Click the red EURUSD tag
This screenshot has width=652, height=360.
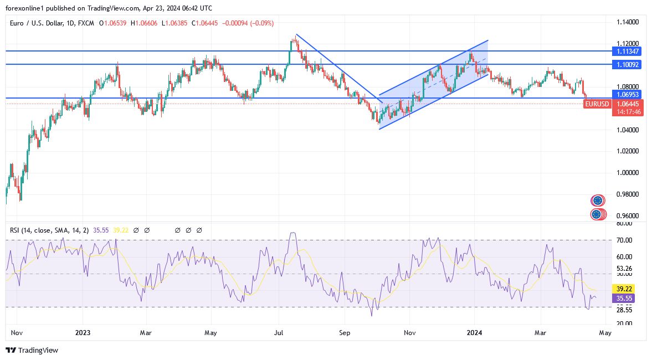tap(598, 104)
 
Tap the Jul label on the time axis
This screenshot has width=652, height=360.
tap(279, 333)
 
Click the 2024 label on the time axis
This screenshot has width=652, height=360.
tap(475, 333)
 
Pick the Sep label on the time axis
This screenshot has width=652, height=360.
tap(345, 333)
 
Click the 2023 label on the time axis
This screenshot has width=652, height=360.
tap(82, 333)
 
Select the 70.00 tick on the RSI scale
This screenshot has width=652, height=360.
tap(624, 240)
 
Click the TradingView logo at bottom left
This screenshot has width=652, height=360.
tap(32, 350)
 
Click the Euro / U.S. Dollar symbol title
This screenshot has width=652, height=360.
tap(40, 23)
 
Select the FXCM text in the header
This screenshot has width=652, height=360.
tap(86, 23)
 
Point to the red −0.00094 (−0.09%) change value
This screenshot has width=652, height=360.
tap(248, 23)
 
